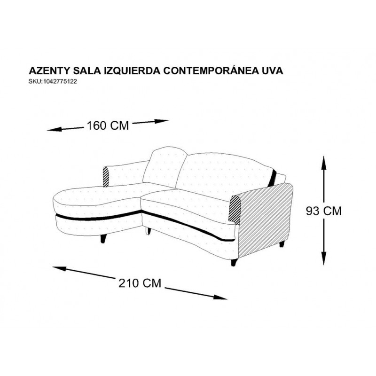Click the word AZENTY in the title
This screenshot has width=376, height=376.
49,71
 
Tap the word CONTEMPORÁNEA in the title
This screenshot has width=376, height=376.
211,70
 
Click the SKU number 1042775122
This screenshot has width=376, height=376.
60,81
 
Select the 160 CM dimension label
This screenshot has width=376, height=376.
108,125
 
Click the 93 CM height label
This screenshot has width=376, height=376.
323,211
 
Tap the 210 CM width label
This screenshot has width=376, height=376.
140,283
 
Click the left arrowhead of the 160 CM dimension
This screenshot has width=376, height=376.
53,130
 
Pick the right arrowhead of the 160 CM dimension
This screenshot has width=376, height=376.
162,121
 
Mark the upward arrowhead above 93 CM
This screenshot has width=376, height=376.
324,163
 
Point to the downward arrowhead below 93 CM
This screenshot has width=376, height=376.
324,258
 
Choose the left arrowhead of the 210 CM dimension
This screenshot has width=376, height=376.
59,268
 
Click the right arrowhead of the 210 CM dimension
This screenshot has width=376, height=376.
220,298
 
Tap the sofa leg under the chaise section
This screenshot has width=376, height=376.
103,239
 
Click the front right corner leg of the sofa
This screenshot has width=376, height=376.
234,262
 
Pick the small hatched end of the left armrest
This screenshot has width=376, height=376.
106,177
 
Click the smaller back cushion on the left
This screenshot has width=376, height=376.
165,167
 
